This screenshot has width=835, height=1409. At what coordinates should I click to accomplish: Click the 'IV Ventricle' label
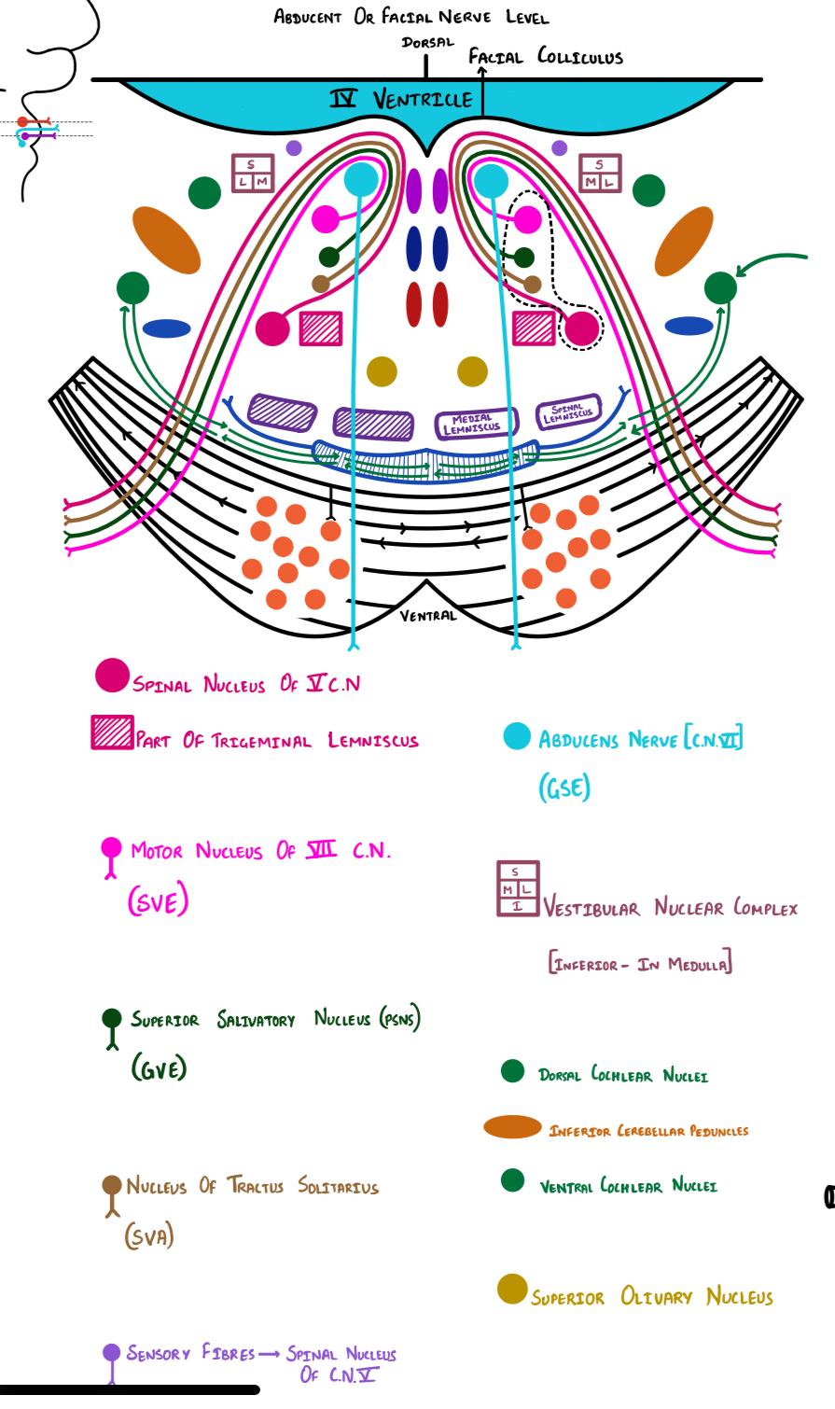(x=402, y=98)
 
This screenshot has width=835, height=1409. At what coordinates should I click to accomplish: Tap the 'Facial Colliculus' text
(x=545, y=56)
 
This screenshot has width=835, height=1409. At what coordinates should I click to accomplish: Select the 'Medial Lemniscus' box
(x=471, y=423)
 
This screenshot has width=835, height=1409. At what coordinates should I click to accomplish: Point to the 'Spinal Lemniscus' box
(x=567, y=412)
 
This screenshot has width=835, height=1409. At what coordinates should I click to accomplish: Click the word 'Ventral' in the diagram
(x=428, y=615)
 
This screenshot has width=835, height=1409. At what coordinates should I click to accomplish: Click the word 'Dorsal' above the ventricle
(x=427, y=42)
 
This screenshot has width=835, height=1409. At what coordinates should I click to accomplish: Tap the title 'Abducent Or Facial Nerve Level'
(x=411, y=17)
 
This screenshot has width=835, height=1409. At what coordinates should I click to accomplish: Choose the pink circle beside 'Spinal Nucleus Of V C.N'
(x=112, y=676)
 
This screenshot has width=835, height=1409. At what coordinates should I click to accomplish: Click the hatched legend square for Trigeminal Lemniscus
(x=112, y=732)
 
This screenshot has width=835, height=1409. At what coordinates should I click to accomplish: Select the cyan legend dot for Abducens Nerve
(x=517, y=736)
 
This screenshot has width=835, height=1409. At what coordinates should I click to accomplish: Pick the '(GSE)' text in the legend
(x=564, y=788)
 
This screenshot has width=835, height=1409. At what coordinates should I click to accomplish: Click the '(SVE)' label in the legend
(x=158, y=900)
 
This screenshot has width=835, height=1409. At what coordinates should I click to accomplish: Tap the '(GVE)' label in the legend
(x=159, y=1067)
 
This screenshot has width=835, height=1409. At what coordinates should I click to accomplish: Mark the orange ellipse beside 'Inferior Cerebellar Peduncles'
(x=512, y=1127)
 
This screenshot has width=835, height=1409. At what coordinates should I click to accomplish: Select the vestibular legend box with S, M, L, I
(x=518, y=887)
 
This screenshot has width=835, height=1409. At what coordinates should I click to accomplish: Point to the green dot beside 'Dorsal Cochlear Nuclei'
(x=512, y=1070)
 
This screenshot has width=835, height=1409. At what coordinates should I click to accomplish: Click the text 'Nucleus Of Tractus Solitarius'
(x=252, y=1186)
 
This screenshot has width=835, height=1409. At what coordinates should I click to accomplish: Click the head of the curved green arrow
(x=739, y=273)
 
